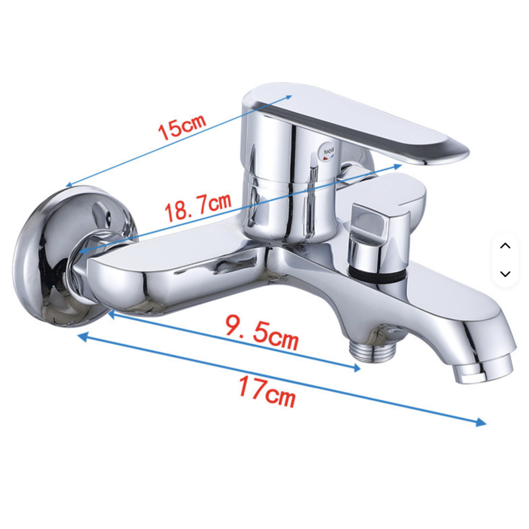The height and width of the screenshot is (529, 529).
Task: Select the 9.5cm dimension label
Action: point(262,333)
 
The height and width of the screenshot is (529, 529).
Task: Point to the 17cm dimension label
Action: point(267,391)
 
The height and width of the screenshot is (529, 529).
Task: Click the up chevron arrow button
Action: point(505,245)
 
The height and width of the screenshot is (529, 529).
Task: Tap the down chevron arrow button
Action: point(505,274)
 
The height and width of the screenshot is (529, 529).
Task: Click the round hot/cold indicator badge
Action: point(328,152)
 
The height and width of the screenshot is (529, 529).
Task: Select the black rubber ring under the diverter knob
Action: point(375,274)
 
